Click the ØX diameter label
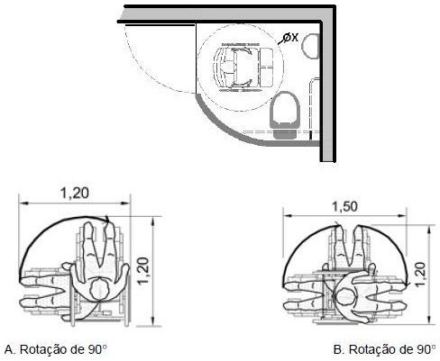click(x=291, y=38)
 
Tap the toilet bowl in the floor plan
click(x=285, y=109)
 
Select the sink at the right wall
click(x=310, y=46)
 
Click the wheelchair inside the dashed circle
click(x=243, y=68)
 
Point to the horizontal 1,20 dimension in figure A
click(x=75, y=193)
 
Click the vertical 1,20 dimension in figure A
click(x=144, y=270)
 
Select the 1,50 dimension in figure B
click(x=344, y=206)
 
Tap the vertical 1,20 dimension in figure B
click(x=420, y=275)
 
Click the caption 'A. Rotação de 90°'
click(x=56, y=349)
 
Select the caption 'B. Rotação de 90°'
click(x=384, y=349)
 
